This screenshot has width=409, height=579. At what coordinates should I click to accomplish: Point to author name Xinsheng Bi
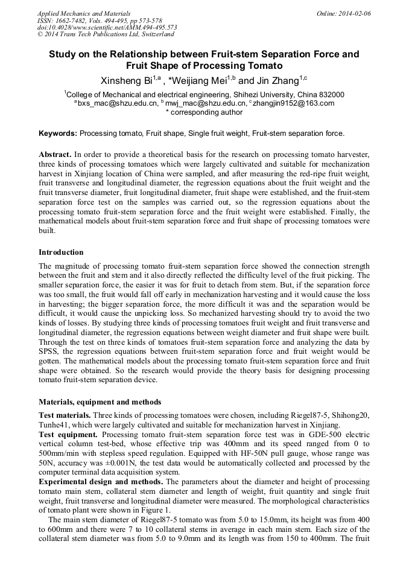[x=125, y=81]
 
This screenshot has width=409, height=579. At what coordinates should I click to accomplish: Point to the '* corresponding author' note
[x=204, y=112]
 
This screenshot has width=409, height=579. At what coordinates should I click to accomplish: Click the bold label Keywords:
[x=58, y=133]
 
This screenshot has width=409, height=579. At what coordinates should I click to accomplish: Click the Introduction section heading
[x=61, y=252]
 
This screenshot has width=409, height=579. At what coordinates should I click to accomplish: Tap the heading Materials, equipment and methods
[x=100, y=401]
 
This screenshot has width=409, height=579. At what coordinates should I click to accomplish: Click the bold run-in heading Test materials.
[x=65, y=415]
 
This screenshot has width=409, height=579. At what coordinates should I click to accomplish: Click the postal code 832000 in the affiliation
[x=331, y=94]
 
